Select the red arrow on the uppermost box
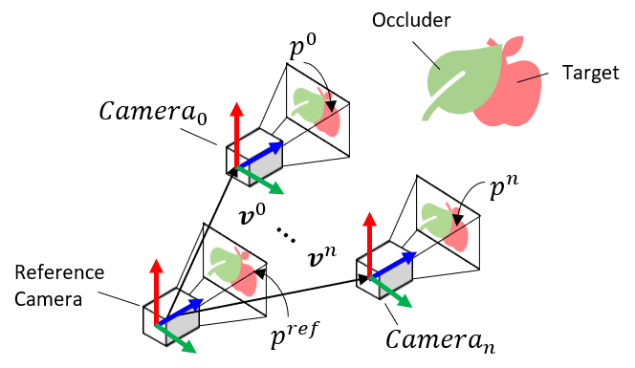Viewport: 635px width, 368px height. pos(236,134)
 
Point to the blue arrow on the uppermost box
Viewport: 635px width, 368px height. pos(265,153)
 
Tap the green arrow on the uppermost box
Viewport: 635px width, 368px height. pos(264,183)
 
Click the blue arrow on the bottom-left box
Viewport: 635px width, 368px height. pos(184,310)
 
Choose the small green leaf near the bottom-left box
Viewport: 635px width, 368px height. pos(225,264)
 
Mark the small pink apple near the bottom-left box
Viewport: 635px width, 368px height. pos(247,280)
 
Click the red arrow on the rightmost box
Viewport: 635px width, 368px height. pos(369,244)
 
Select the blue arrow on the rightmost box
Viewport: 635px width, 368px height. pos(397,263)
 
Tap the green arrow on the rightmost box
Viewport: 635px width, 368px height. pos(394,295)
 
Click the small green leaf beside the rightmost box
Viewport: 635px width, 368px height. pos(436,220)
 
